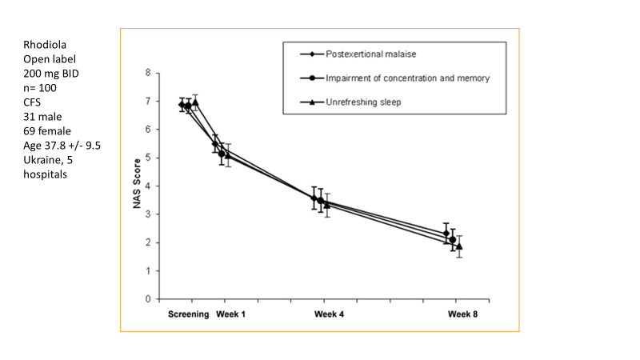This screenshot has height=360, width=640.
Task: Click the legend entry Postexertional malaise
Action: tap(370, 54)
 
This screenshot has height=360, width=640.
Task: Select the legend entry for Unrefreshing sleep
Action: tap(363, 102)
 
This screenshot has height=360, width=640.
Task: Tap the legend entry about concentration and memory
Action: tap(407, 78)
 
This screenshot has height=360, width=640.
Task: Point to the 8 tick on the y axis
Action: tap(147, 73)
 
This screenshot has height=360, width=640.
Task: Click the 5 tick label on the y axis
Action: tap(147, 158)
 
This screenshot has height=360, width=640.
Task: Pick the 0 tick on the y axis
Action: tap(147, 299)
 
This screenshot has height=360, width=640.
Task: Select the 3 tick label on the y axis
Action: tap(147, 214)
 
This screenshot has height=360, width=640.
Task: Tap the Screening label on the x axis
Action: tap(189, 314)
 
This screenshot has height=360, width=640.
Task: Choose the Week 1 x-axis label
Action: tap(230, 314)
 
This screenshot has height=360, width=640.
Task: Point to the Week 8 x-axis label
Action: tap(463, 314)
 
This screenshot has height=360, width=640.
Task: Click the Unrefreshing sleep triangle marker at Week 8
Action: tap(459, 246)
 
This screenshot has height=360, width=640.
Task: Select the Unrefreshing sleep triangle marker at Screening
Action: tap(194, 102)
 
